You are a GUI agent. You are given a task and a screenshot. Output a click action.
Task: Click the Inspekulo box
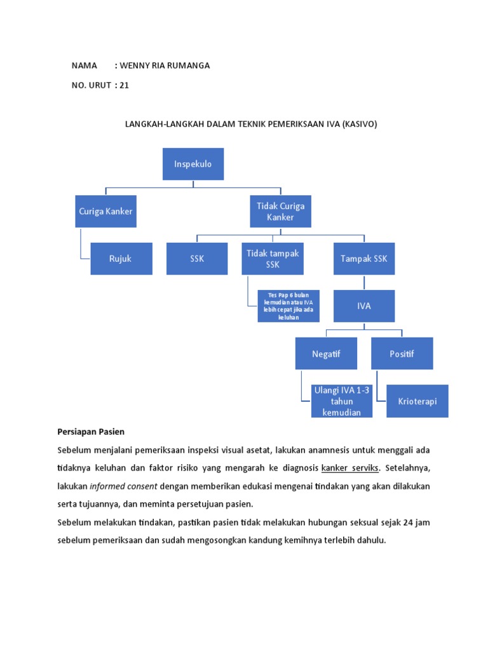click(x=193, y=164)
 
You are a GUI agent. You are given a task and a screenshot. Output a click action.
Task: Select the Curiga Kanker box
click(x=105, y=212)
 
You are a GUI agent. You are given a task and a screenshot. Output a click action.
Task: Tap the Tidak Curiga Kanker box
click(x=280, y=212)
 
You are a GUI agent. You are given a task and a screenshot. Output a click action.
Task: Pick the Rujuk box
click(x=121, y=259)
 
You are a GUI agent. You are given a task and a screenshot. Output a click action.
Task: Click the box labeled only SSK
click(x=197, y=259)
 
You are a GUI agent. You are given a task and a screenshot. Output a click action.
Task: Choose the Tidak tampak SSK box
click(x=273, y=259)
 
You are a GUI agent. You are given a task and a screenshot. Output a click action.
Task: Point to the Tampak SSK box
click(x=363, y=259)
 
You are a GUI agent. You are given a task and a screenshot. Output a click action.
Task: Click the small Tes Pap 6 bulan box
click(x=288, y=306)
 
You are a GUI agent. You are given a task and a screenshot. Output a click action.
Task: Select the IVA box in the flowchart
click(x=363, y=306)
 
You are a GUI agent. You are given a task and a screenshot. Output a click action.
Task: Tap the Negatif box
click(x=326, y=353)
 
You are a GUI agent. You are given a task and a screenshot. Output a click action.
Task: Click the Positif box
click(x=402, y=353)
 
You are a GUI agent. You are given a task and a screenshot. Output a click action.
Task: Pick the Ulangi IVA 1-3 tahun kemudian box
click(x=341, y=401)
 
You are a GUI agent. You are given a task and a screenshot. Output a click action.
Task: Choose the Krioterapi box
click(x=417, y=401)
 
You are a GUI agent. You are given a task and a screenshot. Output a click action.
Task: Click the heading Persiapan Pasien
click(x=91, y=432)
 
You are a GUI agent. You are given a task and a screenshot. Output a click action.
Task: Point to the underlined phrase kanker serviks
click(x=351, y=468)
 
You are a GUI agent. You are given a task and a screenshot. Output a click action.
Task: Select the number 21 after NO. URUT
click(x=124, y=85)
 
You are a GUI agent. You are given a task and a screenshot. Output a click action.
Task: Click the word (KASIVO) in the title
click(x=359, y=125)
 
